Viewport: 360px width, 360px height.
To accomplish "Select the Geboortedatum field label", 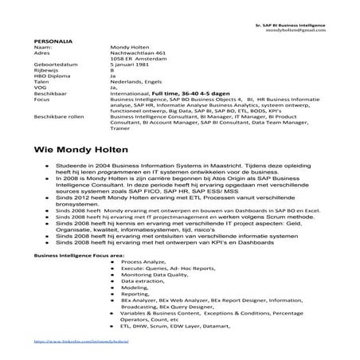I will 53,65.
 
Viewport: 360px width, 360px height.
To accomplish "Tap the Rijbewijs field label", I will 47,71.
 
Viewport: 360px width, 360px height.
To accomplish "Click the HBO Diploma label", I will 51,76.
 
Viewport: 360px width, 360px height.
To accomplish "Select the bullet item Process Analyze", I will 143,261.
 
